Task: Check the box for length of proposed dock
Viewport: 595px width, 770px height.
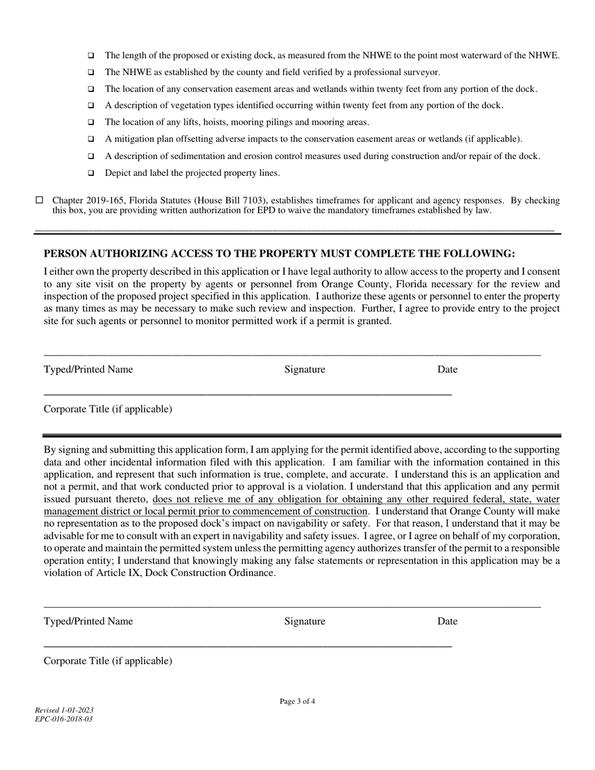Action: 91,56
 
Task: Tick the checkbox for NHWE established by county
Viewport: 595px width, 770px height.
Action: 91,73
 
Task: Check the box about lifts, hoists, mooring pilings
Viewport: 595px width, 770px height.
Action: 91,123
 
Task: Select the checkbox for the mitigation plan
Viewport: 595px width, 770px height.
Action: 91,139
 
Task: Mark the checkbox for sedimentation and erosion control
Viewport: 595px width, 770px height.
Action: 91,156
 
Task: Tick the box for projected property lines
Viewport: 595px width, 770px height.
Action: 91,173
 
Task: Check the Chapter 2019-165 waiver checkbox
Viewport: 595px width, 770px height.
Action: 39,200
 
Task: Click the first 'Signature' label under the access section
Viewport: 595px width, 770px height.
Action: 304,369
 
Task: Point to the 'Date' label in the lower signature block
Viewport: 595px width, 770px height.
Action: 447,621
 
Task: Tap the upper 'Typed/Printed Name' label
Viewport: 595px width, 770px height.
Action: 88,369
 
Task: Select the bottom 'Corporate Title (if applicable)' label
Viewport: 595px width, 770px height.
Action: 108,661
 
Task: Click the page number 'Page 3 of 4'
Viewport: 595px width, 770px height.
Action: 297,702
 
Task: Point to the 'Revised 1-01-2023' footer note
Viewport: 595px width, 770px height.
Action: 65,710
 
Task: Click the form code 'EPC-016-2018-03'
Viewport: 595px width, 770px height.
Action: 64,719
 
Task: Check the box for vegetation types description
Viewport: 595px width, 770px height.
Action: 91,106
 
